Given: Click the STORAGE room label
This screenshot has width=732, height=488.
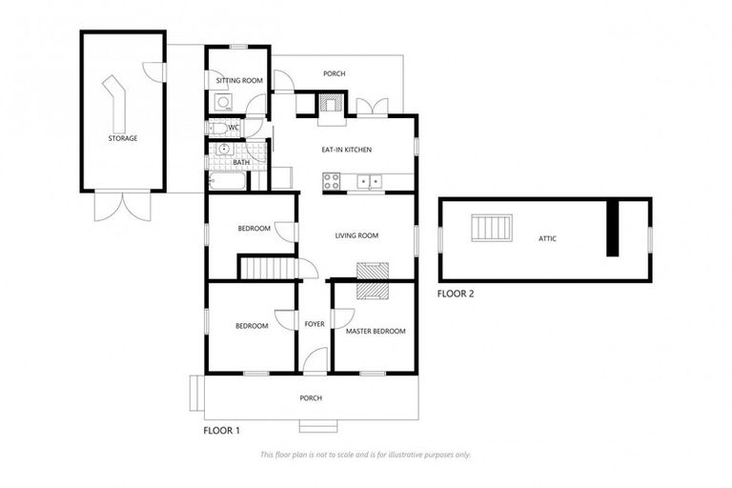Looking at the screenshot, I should [x=122, y=138].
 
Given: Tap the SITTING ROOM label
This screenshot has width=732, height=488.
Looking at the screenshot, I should [x=238, y=81].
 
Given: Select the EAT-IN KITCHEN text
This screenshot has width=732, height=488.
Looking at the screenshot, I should [x=345, y=150].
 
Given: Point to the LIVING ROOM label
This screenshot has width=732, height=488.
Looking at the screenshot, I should [x=356, y=235].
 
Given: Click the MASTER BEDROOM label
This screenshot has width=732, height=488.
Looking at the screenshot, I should [x=376, y=331].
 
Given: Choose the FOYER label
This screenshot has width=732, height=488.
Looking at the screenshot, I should [x=315, y=324].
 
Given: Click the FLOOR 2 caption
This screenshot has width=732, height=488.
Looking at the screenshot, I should [x=456, y=294].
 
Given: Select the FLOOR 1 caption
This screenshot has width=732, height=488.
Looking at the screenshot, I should [x=222, y=431].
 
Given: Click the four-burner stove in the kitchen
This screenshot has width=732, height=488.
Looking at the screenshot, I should [x=333, y=180].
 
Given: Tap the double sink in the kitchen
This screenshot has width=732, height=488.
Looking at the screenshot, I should [x=369, y=180].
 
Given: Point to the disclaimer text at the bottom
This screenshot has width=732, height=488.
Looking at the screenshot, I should [x=365, y=455].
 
